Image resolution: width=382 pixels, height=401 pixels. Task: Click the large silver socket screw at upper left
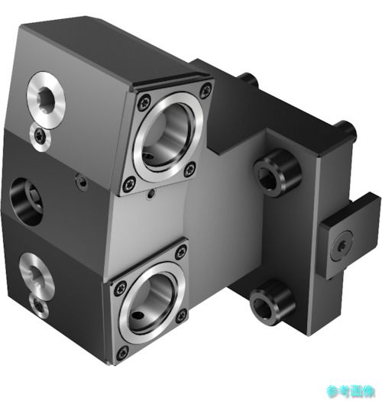[x=46, y=99]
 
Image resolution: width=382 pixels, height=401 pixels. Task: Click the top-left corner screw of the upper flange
[x=144, y=102]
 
